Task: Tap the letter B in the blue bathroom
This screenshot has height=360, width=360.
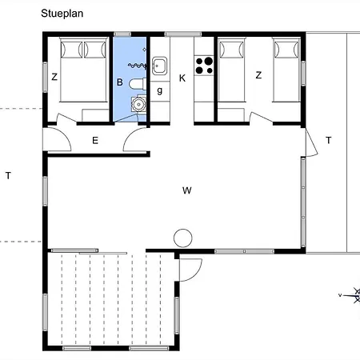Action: coord(119,82)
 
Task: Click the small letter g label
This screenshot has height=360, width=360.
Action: coord(160,90)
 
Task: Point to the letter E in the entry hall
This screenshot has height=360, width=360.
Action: coord(95,141)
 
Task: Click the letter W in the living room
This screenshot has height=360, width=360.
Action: coord(186,190)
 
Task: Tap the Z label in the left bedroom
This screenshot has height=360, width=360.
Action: coord(54,77)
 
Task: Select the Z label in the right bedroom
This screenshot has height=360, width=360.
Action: coord(258,75)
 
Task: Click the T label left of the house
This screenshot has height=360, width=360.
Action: coord(8,175)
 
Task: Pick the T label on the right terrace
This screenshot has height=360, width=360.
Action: coord(328,141)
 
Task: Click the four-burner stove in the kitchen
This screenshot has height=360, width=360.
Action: coord(204,64)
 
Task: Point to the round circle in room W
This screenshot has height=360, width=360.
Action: coord(183,238)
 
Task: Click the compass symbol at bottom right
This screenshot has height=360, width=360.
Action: coord(350,295)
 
